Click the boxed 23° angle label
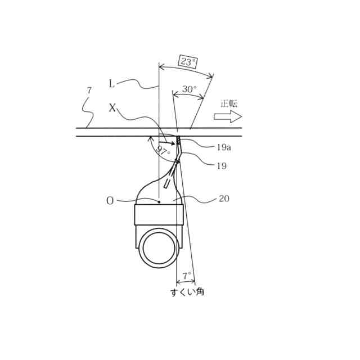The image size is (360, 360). [x=188, y=61]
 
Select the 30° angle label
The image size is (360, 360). [x=190, y=89]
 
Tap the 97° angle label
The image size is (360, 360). [x=163, y=150]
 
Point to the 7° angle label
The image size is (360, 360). [x=186, y=275]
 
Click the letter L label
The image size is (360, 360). [x=111, y=84]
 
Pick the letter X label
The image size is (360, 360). [x=112, y=107]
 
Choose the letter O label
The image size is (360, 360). [x=110, y=201]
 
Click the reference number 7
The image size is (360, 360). [x=89, y=91]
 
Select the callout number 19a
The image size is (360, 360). [x=224, y=147]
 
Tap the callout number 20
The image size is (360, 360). [x=224, y=199]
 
